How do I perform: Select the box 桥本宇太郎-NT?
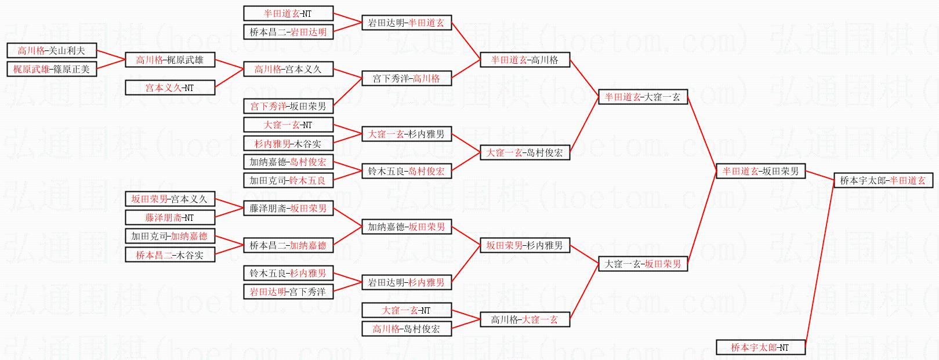pyautogui.click(x=760, y=347)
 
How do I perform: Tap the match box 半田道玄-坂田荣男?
pyautogui.click(x=760, y=171)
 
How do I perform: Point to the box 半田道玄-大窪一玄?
pyautogui.click(x=643, y=97)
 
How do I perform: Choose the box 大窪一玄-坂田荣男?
pyautogui.click(x=643, y=264)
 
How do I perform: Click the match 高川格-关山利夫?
pyautogui.click(x=51, y=50)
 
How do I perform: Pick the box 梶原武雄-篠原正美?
pyautogui.click(x=51, y=69)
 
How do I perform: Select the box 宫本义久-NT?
pyautogui.click(x=170, y=88)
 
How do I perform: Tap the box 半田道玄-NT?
pyautogui.click(x=288, y=13)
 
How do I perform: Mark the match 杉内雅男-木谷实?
pyautogui.click(x=288, y=143)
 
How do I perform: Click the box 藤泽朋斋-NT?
pyautogui.click(x=170, y=217)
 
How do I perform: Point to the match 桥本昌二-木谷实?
pyautogui.click(x=170, y=254)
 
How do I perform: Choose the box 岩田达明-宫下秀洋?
pyautogui.click(x=288, y=292)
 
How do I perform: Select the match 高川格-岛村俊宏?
pyautogui.click(x=406, y=329)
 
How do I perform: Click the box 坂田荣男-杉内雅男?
pyautogui.click(x=524, y=245)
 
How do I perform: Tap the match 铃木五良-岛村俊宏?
pyautogui.click(x=406, y=171)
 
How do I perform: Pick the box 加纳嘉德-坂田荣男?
pyautogui.click(x=406, y=227)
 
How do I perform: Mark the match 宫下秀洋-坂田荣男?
pyautogui.click(x=288, y=106)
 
